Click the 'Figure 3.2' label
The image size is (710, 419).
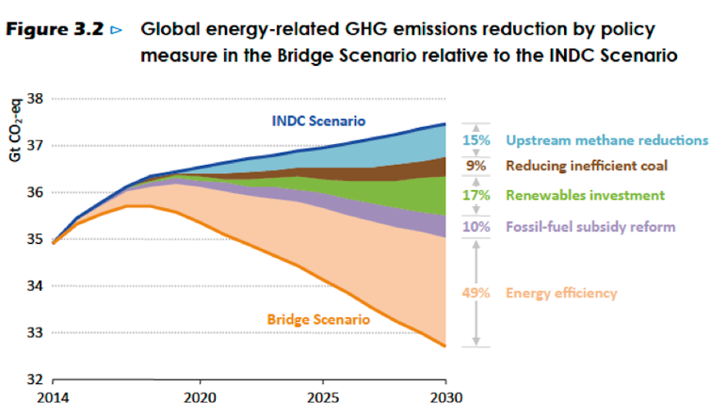[x=62, y=30]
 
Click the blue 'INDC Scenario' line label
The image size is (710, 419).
[x=318, y=121]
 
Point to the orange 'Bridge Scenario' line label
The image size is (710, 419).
[x=317, y=319]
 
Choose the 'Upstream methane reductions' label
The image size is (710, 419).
[x=606, y=140]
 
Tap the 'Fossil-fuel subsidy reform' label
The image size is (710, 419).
[x=590, y=227]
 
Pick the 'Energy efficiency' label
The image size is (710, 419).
[x=561, y=293]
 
